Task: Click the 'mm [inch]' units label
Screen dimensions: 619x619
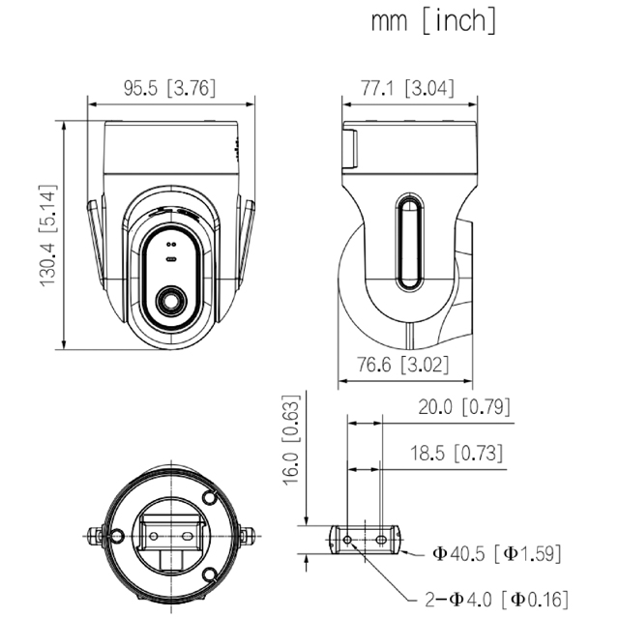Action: tap(433, 21)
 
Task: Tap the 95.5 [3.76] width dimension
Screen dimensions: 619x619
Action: tap(170, 88)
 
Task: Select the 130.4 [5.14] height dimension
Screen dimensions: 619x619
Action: tap(48, 236)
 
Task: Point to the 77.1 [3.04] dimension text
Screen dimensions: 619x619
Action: tap(408, 88)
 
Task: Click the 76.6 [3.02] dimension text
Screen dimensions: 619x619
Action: tap(403, 364)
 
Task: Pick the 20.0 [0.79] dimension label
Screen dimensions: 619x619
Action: tap(464, 406)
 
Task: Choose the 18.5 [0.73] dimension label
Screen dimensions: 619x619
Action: tap(457, 453)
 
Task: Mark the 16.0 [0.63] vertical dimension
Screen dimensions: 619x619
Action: tap(292, 439)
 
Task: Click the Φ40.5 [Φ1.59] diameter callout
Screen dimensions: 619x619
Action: tap(496, 553)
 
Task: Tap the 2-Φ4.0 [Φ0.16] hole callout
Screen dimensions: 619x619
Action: tap(496, 600)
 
